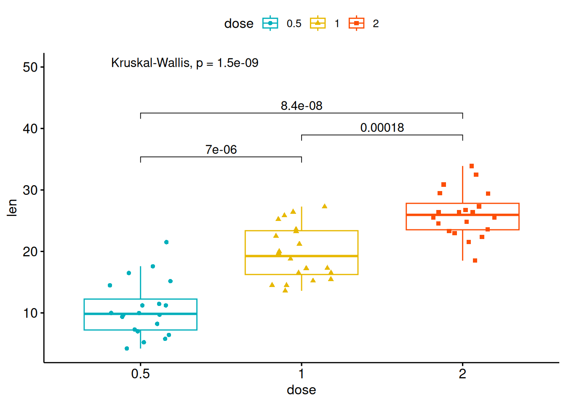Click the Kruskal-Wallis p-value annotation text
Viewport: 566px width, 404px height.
(x=184, y=63)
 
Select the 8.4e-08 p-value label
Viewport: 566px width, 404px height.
(x=302, y=106)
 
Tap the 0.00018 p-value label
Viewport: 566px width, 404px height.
(x=382, y=128)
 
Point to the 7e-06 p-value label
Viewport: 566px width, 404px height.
(x=221, y=149)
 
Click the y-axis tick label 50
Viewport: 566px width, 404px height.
(x=30, y=67)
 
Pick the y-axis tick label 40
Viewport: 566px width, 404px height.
(x=30, y=129)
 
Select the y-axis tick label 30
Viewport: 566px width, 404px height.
(x=30, y=190)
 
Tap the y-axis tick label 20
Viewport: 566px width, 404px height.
(x=30, y=252)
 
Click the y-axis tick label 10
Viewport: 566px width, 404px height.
(x=30, y=313)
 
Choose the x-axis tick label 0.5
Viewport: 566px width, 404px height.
(x=140, y=374)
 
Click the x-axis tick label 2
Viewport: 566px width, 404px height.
(x=462, y=374)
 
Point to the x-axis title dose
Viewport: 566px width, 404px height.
(x=302, y=390)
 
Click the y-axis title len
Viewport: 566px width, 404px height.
(x=12, y=208)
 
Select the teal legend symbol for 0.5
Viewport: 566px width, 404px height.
(x=270, y=23)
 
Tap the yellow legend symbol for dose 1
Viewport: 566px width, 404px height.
(x=318, y=23)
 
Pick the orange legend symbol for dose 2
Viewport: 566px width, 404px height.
(x=357, y=23)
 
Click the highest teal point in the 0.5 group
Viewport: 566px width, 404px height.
(x=166, y=242)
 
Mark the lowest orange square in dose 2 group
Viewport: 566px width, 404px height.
(x=475, y=260)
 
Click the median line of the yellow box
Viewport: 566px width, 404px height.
(x=302, y=256)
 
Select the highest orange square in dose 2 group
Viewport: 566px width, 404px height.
(x=472, y=166)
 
